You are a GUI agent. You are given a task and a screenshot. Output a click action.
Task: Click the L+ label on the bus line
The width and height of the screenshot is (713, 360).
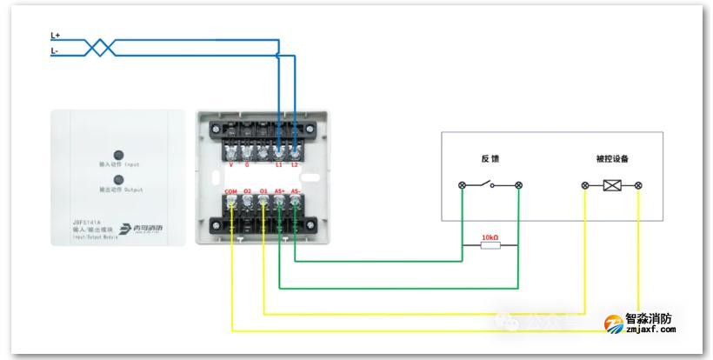pyautogui.click(x=55, y=36)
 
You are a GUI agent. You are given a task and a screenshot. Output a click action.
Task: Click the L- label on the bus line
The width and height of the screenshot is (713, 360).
pyautogui.click(x=55, y=51)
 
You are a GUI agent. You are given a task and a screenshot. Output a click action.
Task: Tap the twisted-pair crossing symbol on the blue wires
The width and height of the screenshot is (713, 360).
pyautogui.click(x=102, y=47)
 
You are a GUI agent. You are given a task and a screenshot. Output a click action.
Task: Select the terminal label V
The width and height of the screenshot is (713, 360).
pyautogui.click(x=230, y=164)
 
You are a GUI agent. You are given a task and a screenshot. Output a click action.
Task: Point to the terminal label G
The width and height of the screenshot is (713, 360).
pyautogui.click(x=247, y=164)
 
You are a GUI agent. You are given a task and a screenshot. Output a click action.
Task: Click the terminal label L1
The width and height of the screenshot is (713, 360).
pyautogui.click(x=278, y=164)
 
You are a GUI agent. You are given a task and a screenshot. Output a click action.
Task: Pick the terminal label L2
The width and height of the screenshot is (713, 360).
pyautogui.click(x=296, y=164)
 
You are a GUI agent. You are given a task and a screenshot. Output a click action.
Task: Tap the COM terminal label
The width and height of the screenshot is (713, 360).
pyautogui.click(x=230, y=190)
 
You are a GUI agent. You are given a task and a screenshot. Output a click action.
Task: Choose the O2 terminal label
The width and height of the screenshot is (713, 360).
pyautogui.click(x=247, y=190)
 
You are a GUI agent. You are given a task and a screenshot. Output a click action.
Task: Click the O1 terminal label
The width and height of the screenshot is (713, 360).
pyautogui.click(x=263, y=190)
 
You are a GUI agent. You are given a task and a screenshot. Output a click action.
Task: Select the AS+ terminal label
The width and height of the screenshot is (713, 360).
pyautogui.click(x=279, y=190)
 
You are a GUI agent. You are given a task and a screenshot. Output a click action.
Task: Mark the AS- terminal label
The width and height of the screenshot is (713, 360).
pyautogui.click(x=297, y=190)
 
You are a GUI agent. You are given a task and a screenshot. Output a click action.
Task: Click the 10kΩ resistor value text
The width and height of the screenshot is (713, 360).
pyautogui.click(x=490, y=236)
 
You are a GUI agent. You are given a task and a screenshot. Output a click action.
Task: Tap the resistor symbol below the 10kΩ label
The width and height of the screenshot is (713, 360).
pyautogui.click(x=490, y=246)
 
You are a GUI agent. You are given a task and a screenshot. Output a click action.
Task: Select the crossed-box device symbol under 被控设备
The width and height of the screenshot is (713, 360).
pyautogui.click(x=612, y=185)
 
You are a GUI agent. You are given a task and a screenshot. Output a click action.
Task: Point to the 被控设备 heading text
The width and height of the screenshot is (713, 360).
pyautogui.click(x=612, y=159)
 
